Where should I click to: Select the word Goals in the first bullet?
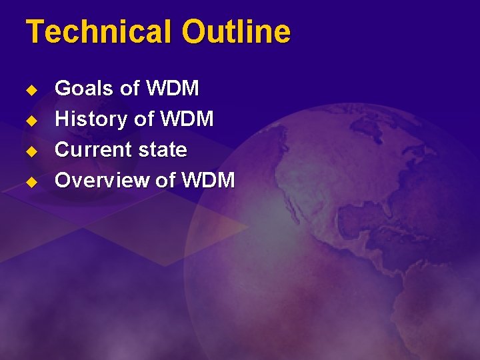click(84, 88)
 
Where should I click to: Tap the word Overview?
click(102, 180)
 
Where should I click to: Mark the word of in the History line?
click(143, 119)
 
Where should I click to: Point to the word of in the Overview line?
click(165, 180)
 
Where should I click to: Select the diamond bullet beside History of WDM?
click(30, 120)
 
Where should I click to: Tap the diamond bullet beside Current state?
click(30, 151)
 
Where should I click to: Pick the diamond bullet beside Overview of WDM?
click(30, 181)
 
